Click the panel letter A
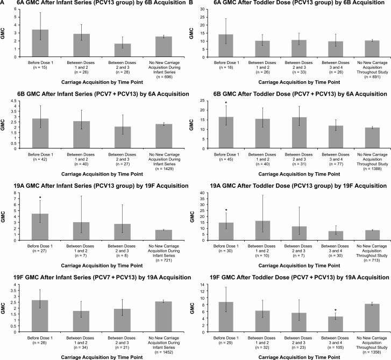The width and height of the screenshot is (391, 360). pos(3,3)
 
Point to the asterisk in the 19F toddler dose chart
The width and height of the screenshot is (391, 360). pos(335,310)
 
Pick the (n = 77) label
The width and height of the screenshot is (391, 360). pos(335,160)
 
